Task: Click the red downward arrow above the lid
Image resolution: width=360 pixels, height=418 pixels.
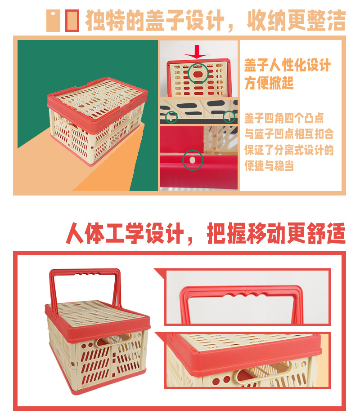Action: click(x=197, y=52)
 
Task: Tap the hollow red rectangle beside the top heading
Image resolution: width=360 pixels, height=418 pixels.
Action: click(x=72, y=21)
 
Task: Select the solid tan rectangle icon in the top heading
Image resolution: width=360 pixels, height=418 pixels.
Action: click(x=53, y=21)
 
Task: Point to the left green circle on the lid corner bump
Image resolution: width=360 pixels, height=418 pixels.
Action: click(x=171, y=117)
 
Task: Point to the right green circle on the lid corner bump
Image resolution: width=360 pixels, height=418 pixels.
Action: click(x=229, y=116)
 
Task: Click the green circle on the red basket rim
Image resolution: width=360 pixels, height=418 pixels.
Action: click(x=193, y=160)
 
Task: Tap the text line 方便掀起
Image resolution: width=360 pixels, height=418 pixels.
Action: click(x=269, y=83)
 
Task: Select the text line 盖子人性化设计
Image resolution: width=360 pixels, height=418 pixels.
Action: click(x=288, y=65)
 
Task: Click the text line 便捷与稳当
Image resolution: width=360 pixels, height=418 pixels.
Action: click(x=269, y=166)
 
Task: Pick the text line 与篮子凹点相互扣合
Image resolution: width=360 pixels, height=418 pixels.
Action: click(x=289, y=134)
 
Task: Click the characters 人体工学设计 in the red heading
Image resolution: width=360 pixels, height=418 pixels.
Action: click(x=125, y=234)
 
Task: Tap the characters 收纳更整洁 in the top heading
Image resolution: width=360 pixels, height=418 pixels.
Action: click(x=296, y=21)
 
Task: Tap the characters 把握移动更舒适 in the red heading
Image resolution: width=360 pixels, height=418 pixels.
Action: click(x=276, y=234)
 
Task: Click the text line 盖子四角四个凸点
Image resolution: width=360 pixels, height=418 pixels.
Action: click(x=284, y=118)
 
